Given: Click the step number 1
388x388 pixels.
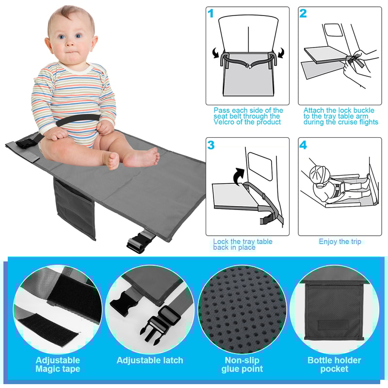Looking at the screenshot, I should [x=211, y=14].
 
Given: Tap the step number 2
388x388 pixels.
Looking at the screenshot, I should [x=303, y=14].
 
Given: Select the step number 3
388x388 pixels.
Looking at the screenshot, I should [x=211, y=145].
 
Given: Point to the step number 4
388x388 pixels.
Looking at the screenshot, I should [x=303, y=145].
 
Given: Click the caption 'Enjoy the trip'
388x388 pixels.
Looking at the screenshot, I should [x=340, y=242].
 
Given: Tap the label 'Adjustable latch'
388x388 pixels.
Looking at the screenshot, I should [x=150, y=360].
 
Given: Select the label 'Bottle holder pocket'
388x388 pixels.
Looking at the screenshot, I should [x=334, y=364].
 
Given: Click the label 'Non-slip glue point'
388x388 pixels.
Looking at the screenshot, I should [x=242, y=364].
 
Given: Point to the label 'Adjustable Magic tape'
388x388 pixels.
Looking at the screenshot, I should [x=58, y=364].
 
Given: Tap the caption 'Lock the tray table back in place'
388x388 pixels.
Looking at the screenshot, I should [x=242, y=244].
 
